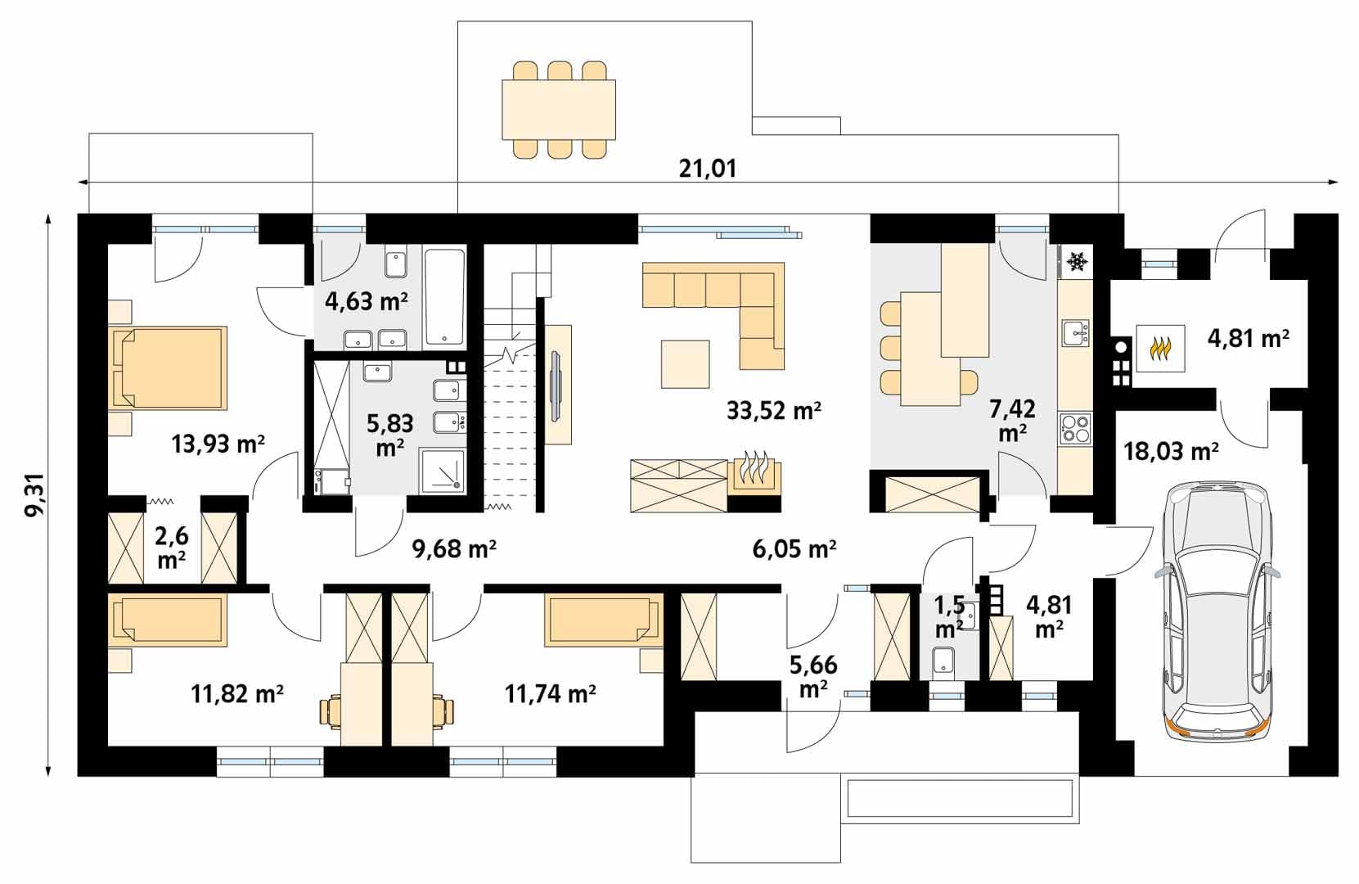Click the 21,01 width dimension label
[x=708, y=168]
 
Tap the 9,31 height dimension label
[x=34, y=494]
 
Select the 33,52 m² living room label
[x=773, y=411]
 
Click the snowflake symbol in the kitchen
[x=1077, y=262]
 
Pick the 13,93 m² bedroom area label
[x=218, y=444]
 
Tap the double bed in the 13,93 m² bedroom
[x=168, y=368]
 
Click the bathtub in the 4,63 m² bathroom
[x=445, y=297]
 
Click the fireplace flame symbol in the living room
[x=754, y=469]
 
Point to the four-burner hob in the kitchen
[x=1075, y=427]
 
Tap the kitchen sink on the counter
[x=1076, y=333]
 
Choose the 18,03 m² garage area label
[x=1171, y=452]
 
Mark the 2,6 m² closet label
[x=172, y=548]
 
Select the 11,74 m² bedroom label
[x=550, y=692]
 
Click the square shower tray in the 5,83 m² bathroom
[x=443, y=471]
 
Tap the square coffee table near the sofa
[x=685, y=364]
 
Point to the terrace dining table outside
[x=559, y=110]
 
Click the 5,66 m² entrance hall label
[x=813, y=676]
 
